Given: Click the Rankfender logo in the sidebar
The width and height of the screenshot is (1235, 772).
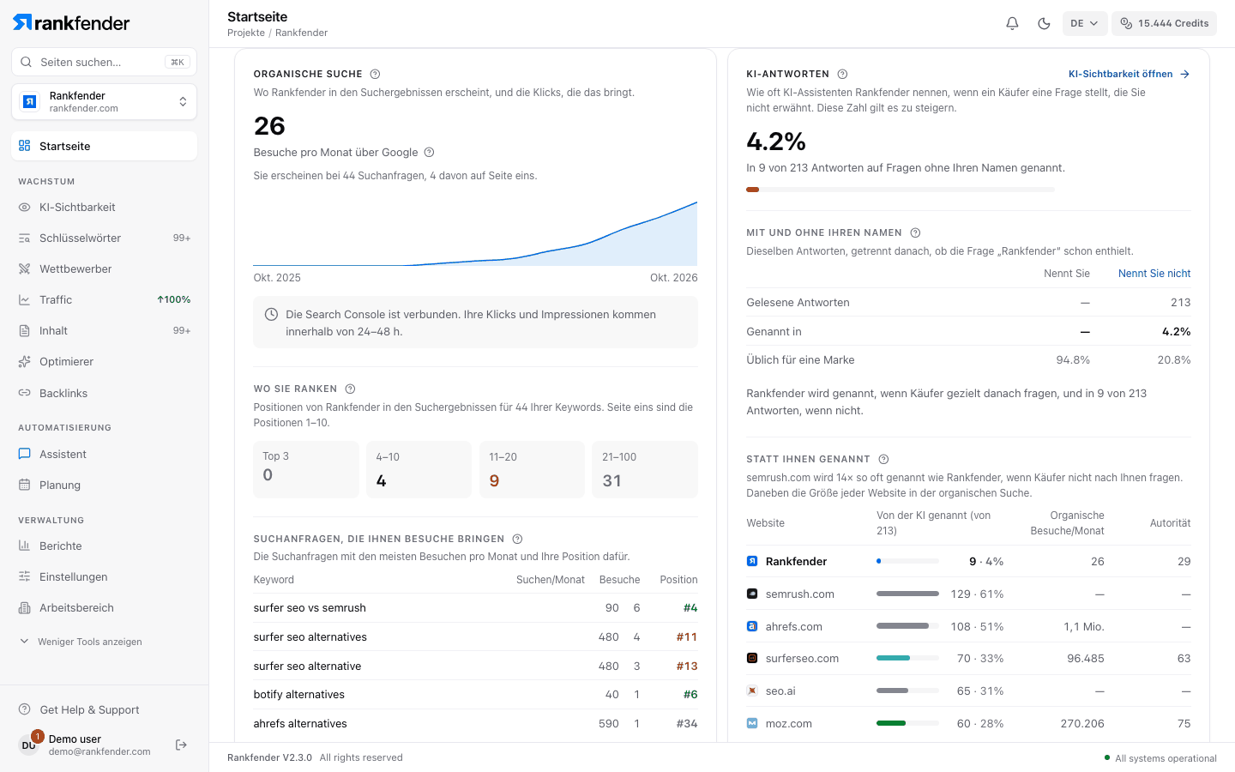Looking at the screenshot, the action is (71, 22).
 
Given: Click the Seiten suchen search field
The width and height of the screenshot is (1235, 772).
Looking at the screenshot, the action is (105, 62).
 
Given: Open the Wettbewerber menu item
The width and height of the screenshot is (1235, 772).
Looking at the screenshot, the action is (75, 268).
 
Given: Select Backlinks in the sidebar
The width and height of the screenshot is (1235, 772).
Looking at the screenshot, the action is (63, 393).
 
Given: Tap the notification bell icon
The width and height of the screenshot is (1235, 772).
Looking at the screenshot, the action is (1012, 23).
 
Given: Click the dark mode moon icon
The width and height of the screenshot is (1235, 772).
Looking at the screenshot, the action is (1044, 23).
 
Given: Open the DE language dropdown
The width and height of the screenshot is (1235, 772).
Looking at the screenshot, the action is (1084, 23).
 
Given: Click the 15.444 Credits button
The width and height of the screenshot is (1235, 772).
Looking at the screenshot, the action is (1164, 23).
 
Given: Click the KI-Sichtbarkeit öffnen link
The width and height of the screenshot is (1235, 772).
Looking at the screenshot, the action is (1129, 74).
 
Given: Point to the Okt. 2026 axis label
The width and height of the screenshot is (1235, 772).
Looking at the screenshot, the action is (673, 277).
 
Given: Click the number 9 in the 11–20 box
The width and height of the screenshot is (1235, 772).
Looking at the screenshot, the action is (494, 481).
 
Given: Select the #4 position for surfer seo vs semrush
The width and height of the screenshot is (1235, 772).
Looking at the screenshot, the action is (690, 607).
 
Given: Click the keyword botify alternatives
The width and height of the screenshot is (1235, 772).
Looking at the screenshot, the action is (298, 694).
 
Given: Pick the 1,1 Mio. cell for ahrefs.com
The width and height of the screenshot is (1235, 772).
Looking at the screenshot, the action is (1083, 626).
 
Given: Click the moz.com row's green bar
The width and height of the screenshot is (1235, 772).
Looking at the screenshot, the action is (891, 723).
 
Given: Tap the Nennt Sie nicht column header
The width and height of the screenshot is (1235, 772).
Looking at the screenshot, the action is (1154, 274).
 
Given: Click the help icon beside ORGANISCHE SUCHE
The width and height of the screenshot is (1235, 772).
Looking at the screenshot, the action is (375, 74).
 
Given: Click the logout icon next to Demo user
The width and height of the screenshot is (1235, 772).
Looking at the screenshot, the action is (181, 745).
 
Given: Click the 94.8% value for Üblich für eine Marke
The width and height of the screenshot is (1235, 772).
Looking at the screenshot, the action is (1073, 360).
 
